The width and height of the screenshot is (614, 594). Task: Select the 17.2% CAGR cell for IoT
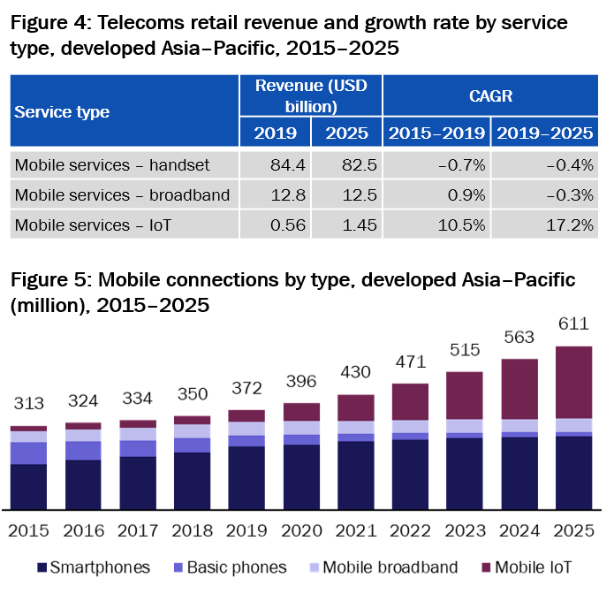pyautogui.click(x=567, y=225)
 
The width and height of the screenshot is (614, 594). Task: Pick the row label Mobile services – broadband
pyautogui.click(x=123, y=194)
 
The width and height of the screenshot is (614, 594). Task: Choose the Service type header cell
pyautogui.click(x=62, y=111)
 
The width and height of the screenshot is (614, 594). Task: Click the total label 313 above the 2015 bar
pyautogui.click(x=28, y=404)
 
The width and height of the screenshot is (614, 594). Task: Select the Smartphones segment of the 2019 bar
pyautogui.click(x=246, y=477)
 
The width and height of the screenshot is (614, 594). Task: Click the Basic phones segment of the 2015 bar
pyautogui.click(x=28, y=453)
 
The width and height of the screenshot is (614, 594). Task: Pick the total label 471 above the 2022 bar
pyautogui.click(x=410, y=362)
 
